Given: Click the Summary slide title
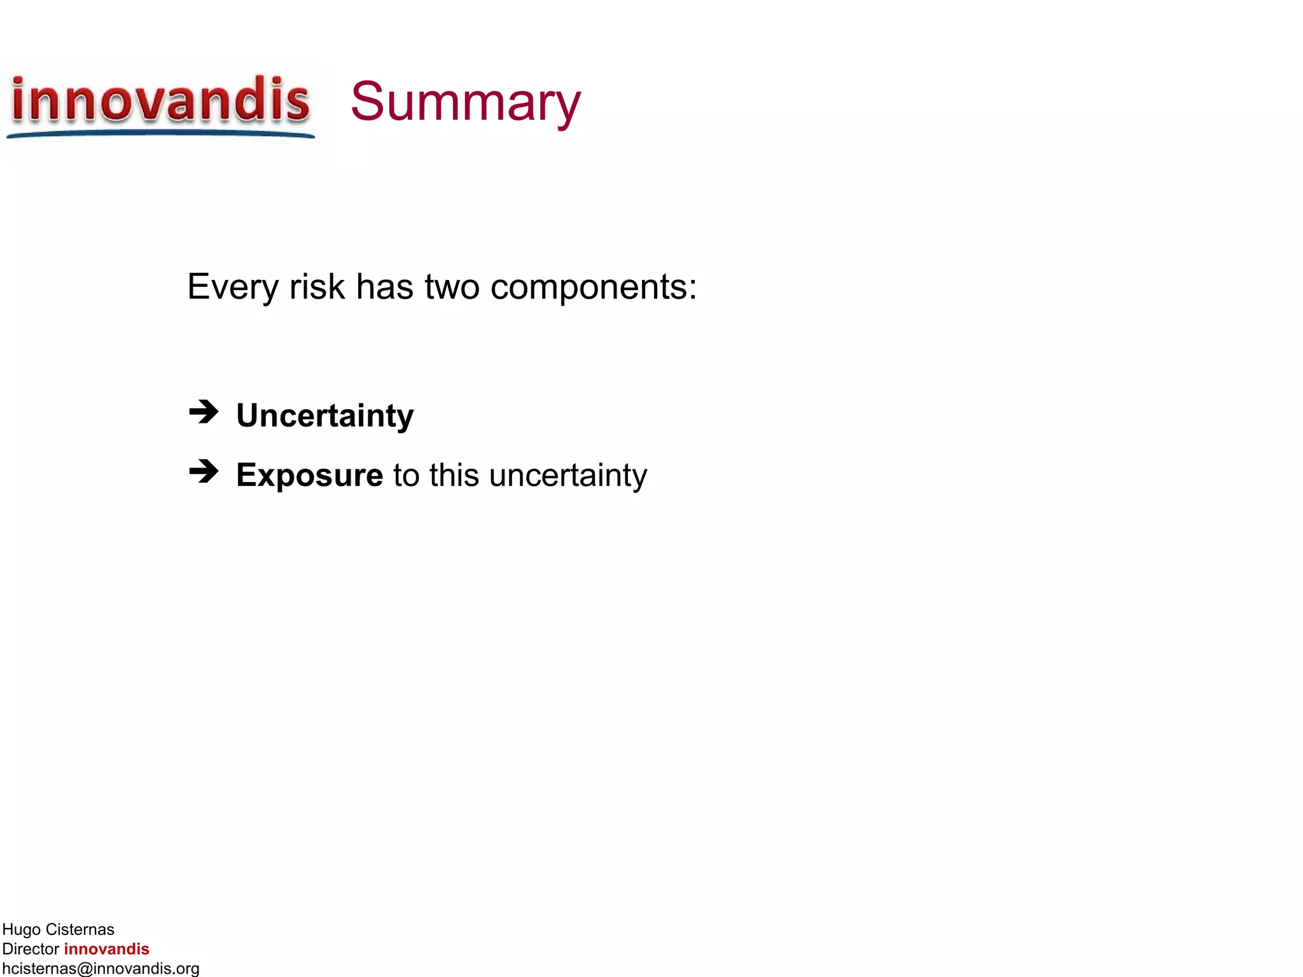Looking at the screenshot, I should click(465, 102).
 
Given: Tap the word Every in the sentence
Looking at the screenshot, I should click(233, 287).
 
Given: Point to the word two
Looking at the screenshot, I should click(452, 287).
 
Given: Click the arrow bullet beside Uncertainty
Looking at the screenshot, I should click(204, 412).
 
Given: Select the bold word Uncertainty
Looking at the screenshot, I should click(324, 416).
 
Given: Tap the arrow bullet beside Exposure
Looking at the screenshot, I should click(204, 472).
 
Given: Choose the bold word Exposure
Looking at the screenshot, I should click(309, 476).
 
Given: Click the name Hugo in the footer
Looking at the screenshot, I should click(22, 930).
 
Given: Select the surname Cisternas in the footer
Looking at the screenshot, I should click(80, 930).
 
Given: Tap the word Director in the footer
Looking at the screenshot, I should click(31, 949).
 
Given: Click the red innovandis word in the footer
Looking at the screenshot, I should click(106, 949).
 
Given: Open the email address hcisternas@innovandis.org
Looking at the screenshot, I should click(101, 968).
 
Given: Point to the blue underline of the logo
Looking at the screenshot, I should click(160, 134).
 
